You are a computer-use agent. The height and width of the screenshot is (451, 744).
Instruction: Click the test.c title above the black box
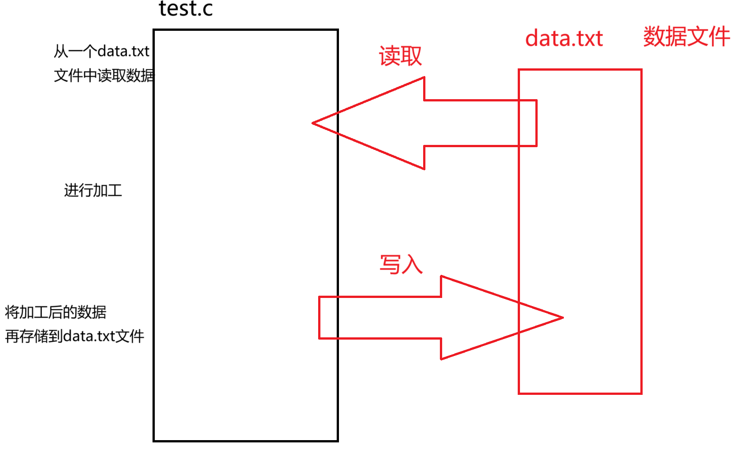point(186,9)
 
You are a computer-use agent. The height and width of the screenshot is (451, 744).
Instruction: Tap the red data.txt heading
point(564,38)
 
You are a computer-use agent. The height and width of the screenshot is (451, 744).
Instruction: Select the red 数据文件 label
point(687,36)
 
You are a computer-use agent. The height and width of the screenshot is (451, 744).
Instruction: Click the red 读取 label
point(400,56)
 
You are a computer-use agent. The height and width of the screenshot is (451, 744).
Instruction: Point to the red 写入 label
point(401,264)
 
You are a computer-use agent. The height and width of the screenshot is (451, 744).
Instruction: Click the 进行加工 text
point(93,190)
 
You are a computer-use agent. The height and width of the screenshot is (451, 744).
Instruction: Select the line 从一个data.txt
point(101,51)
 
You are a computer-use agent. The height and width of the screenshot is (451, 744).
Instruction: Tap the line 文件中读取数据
point(104,75)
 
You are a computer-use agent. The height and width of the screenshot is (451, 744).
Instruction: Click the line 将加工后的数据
point(56,312)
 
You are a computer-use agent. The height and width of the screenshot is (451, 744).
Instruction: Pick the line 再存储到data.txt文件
point(75,336)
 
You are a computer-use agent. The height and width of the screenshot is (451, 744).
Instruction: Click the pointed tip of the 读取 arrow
point(313,123)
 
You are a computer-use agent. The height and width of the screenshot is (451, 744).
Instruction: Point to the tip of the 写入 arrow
point(562,317)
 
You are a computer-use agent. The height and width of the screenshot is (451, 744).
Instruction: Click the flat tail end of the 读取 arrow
point(536,123)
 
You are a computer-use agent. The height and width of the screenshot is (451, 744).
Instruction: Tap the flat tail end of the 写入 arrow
point(320,317)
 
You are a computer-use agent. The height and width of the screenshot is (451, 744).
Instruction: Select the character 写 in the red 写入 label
point(390,264)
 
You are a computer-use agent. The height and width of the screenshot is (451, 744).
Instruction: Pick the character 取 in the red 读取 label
point(411,56)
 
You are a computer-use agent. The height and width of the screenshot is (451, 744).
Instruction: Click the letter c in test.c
point(208,9)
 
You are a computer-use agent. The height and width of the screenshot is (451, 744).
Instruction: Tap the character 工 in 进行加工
point(114,190)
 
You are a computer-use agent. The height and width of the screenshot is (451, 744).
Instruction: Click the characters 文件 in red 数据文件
point(709,36)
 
